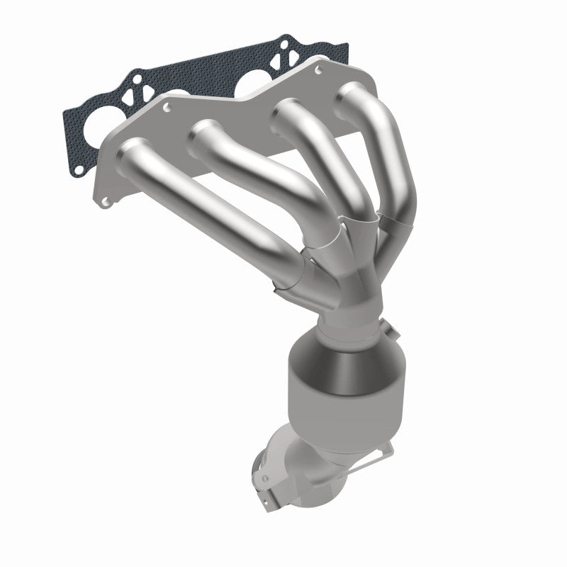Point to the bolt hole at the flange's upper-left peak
[167, 108]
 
